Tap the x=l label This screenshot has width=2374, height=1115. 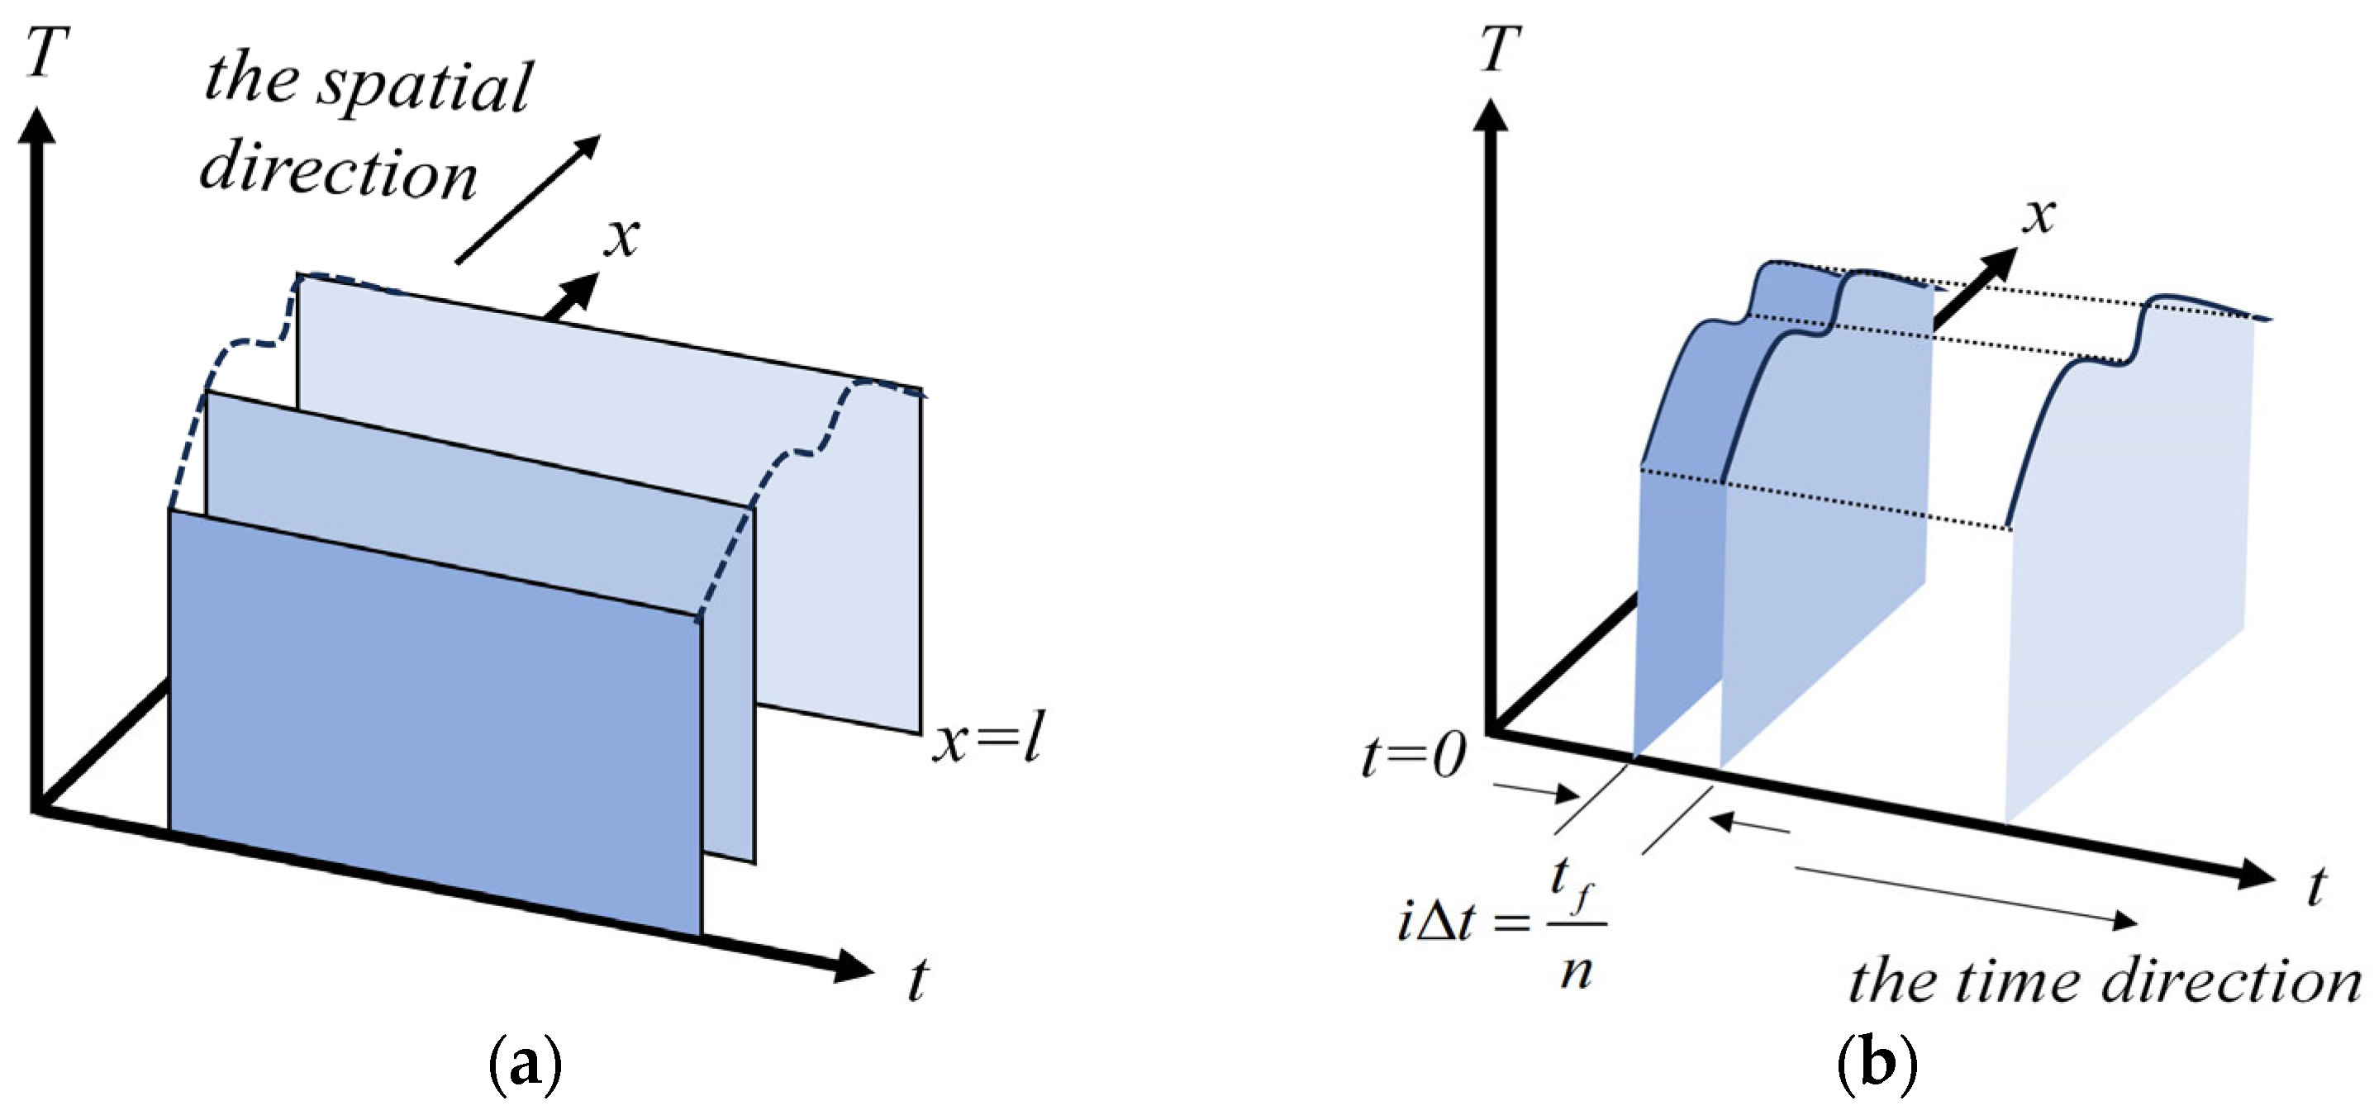[x=988, y=739]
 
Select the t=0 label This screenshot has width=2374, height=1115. [x=1414, y=757]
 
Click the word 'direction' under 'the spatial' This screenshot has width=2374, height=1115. [x=338, y=173]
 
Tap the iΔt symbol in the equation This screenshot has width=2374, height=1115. [x=1439, y=922]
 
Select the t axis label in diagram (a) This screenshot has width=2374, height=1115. [x=918, y=979]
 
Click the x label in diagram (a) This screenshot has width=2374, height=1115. [x=622, y=237]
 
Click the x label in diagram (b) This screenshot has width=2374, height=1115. [x=2039, y=216]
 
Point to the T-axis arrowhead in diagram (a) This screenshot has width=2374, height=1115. [x=37, y=126]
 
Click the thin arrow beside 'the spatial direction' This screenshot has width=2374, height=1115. [x=528, y=200]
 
